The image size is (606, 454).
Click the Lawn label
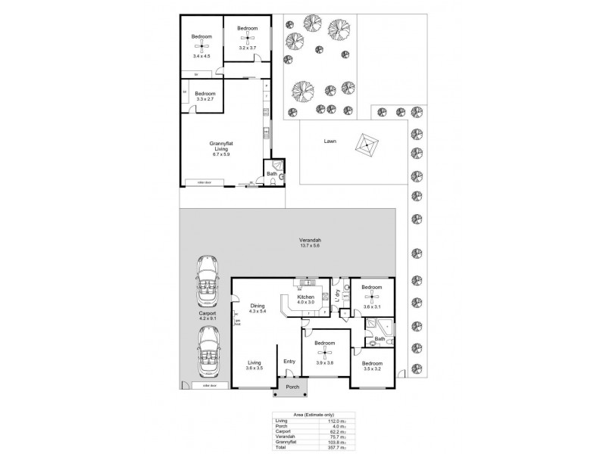point(330,141)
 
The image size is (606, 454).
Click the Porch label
point(292,388)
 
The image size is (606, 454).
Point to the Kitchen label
point(306,298)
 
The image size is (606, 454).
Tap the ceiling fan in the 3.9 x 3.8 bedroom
point(325,353)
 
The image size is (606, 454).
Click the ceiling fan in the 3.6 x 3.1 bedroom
point(372,297)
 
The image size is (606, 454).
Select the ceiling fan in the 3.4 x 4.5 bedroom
point(201,47)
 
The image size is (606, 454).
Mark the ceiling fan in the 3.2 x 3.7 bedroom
point(248,39)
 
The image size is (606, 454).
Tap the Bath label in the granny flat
point(271,174)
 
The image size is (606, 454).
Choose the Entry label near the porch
point(289,362)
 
